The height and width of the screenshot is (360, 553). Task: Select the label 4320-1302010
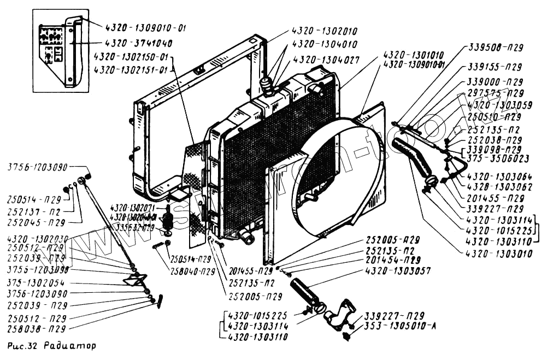pyautogui.click(x=324, y=31)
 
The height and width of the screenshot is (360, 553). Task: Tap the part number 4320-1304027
pyautogui.click(x=326, y=60)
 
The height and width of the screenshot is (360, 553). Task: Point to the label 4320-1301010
pyautogui.click(x=413, y=55)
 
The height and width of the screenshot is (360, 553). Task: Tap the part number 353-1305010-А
pyautogui.click(x=398, y=327)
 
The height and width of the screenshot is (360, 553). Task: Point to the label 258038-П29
pyautogui.click(x=37, y=329)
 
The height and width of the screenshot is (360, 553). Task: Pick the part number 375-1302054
pyautogui.click(x=36, y=282)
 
